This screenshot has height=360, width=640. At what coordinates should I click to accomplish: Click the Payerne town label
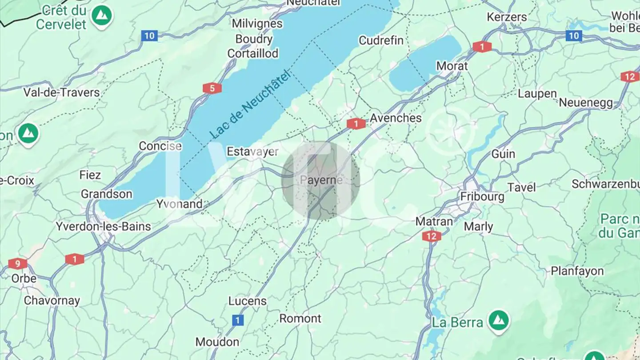point(321,180)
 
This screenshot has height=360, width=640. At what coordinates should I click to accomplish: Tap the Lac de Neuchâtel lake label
point(250,104)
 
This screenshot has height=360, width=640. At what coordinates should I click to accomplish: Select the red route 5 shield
point(212,88)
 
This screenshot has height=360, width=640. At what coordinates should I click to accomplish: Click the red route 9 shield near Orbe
point(17,264)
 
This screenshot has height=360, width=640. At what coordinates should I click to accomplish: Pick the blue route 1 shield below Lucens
point(238,320)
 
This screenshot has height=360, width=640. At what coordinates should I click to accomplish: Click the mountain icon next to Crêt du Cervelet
point(102,16)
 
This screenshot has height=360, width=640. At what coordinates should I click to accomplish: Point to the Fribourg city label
point(482,196)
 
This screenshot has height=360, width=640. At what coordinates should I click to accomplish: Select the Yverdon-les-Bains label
point(103,226)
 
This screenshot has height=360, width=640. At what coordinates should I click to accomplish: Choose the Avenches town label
point(396,118)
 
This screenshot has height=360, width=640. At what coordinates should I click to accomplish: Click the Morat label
point(452,66)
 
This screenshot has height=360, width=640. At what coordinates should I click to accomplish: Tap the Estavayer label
point(252,152)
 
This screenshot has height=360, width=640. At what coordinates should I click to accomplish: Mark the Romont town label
point(300,319)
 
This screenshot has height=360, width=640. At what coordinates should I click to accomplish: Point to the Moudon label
point(217,342)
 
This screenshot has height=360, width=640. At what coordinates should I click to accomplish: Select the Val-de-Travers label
point(62,92)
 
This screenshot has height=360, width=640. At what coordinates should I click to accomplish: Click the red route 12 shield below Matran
point(432,236)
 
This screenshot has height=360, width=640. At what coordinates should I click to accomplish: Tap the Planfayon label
point(577,271)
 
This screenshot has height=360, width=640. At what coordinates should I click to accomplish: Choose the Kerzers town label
point(507,17)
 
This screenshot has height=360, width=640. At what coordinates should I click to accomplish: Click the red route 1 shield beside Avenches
point(356,124)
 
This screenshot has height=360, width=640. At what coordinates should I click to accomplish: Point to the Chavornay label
point(52,300)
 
